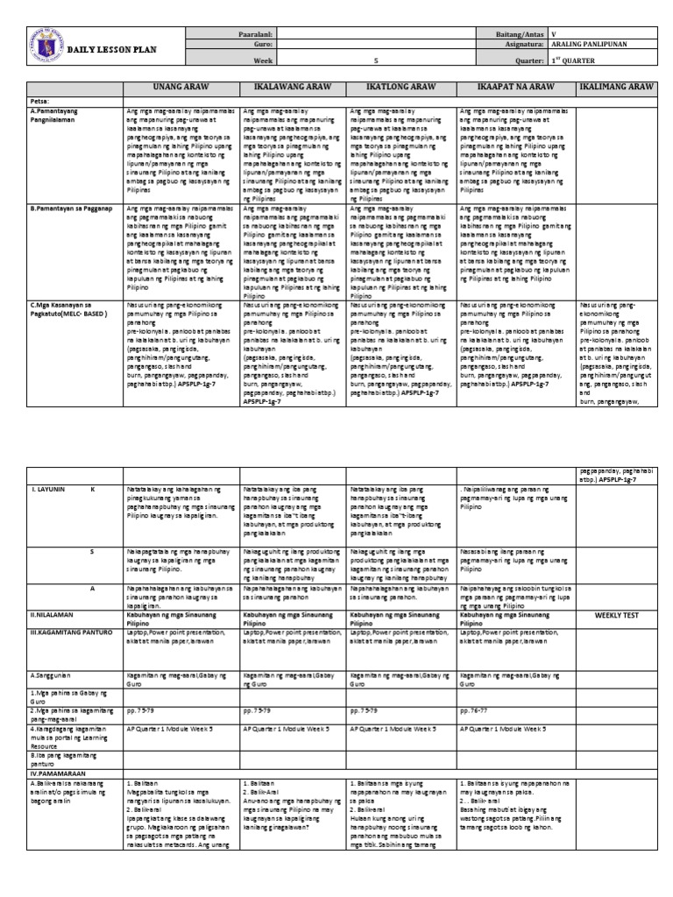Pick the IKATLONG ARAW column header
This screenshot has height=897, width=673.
pyautogui.click(x=400, y=88)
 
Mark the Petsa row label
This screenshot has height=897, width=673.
pyautogui.click(x=39, y=102)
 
